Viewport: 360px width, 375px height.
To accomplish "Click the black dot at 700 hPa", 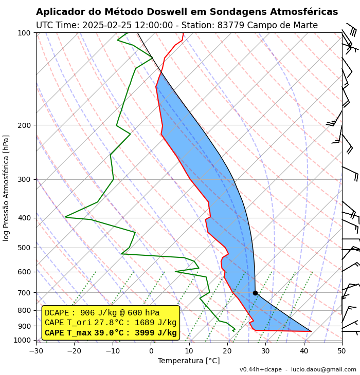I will click(255, 293).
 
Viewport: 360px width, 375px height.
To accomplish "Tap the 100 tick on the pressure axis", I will click(24, 33).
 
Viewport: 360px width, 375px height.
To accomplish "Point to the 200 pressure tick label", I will click(24, 125).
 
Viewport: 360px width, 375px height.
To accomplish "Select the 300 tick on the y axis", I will click(24, 179).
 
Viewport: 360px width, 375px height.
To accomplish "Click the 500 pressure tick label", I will click(24, 248).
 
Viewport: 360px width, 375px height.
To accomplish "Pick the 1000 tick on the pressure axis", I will click(23, 340).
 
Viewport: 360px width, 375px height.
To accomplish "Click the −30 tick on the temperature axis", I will click(36, 351).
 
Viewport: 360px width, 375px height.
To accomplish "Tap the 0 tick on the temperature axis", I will click(151, 351).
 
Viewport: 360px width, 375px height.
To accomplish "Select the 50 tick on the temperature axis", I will click(342, 351).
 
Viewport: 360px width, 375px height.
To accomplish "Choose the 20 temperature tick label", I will click(227, 351).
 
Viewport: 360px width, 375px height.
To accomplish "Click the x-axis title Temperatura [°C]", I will click(189, 361).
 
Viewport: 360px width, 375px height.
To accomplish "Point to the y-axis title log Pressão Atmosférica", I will click(6, 188).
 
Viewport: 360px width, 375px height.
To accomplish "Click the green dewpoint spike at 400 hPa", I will click(66, 217).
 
